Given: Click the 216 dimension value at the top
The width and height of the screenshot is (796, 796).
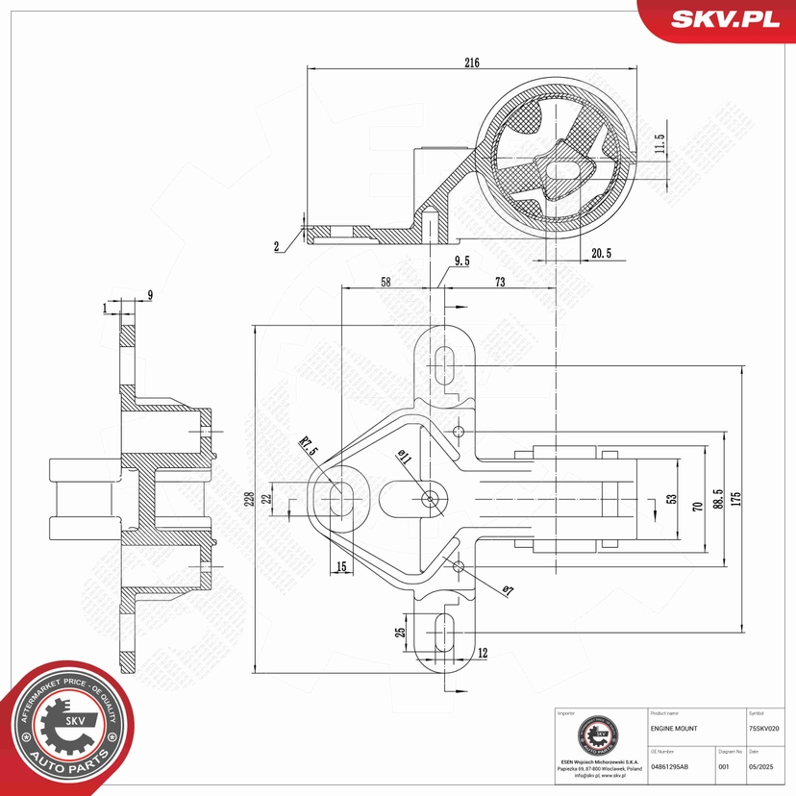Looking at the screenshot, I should coord(471,62).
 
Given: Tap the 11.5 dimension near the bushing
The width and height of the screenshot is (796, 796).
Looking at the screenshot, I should coord(659,144).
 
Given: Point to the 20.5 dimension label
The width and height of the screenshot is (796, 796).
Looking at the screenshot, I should coord(602,253).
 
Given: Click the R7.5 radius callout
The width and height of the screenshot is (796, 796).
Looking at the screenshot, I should coord(308,447).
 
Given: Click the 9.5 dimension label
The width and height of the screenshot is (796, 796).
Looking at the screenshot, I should coord(461,261).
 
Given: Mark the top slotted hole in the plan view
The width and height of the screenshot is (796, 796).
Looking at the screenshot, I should coord(444,365).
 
